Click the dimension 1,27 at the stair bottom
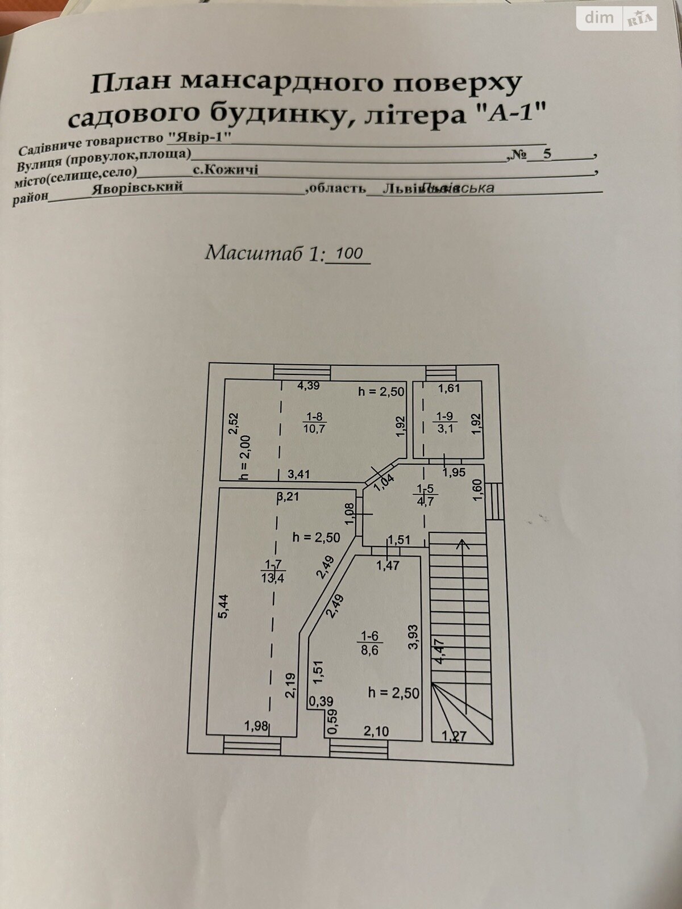point(454,736)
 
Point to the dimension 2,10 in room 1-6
point(376,731)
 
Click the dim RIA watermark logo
point(617,18)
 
